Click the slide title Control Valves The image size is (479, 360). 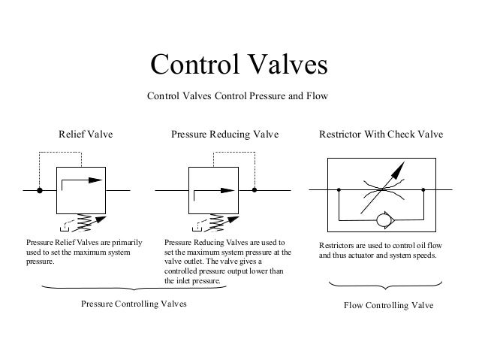239,65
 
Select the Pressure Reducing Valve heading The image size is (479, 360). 224,135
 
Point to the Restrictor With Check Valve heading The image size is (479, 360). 381,135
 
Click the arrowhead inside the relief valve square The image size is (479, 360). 97,180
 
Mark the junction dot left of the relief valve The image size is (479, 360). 40,191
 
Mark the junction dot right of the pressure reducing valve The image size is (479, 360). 255,191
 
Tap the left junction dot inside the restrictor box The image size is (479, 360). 337,191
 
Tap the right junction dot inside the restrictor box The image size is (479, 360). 424,191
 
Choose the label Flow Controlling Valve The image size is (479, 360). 388,307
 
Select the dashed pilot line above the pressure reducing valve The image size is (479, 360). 234,153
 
